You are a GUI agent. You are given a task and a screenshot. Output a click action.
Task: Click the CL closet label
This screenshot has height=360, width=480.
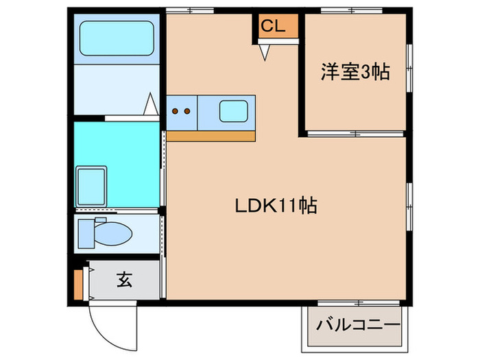273,27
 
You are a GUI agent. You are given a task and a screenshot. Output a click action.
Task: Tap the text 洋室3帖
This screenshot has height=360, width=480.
355,72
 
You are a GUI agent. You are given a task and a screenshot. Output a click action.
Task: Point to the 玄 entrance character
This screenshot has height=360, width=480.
124,280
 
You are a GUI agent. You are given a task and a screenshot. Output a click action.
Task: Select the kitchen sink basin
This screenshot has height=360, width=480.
234,110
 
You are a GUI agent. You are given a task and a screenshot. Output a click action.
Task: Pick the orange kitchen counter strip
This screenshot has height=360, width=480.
211,136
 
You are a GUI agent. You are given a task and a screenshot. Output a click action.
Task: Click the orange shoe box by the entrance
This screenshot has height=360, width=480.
79,283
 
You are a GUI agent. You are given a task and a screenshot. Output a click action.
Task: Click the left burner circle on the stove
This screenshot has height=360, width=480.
176,111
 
